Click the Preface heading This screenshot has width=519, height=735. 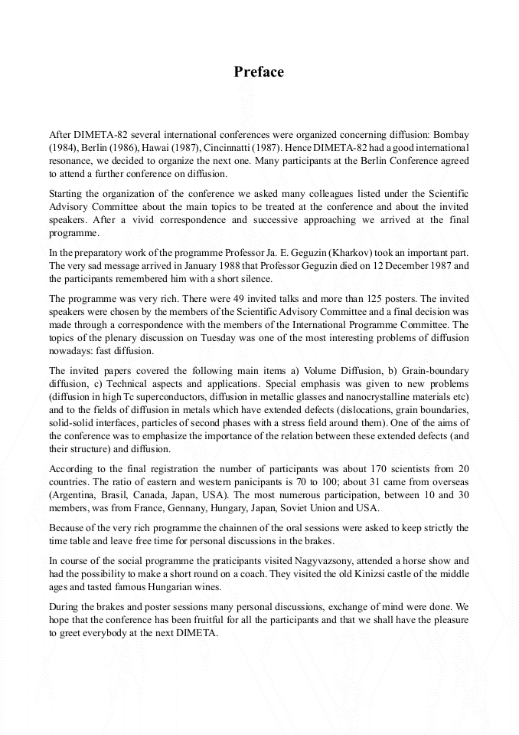point(259,72)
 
